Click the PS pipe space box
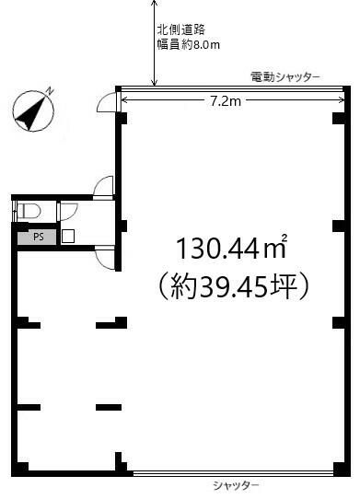pyautogui.click(x=37, y=238)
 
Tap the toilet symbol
pyautogui.click(x=29, y=211)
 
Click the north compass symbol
pyautogui.click(x=33, y=110)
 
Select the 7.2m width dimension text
pyautogui.click(x=226, y=101)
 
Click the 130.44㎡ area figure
pyautogui.click(x=232, y=249)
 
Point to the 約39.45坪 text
pyautogui.click(x=233, y=286)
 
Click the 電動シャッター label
pyautogui.click(x=285, y=77)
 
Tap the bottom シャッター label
pyautogui.click(x=236, y=485)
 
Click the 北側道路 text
pyautogui.click(x=181, y=29)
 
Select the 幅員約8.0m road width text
pyautogui.click(x=189, y=44)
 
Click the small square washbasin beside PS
pyautogui.click(x=68, y=236)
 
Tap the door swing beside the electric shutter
pyautogui.click(x=107, y=101)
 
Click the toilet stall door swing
pyautogui.click(x=69, y=212)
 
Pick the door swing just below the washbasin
pyautogui.click(x=105, y=259)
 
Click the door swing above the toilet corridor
pyautogui.click(x=103, y=187)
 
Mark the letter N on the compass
pyautogui.click(x=50, y=90)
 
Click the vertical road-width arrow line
pyautogui.click(x=154, y=43)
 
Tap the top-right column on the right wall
pyautogui.click(x=338, y=118)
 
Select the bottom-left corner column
pyautogui.click(x=19, y=470)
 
